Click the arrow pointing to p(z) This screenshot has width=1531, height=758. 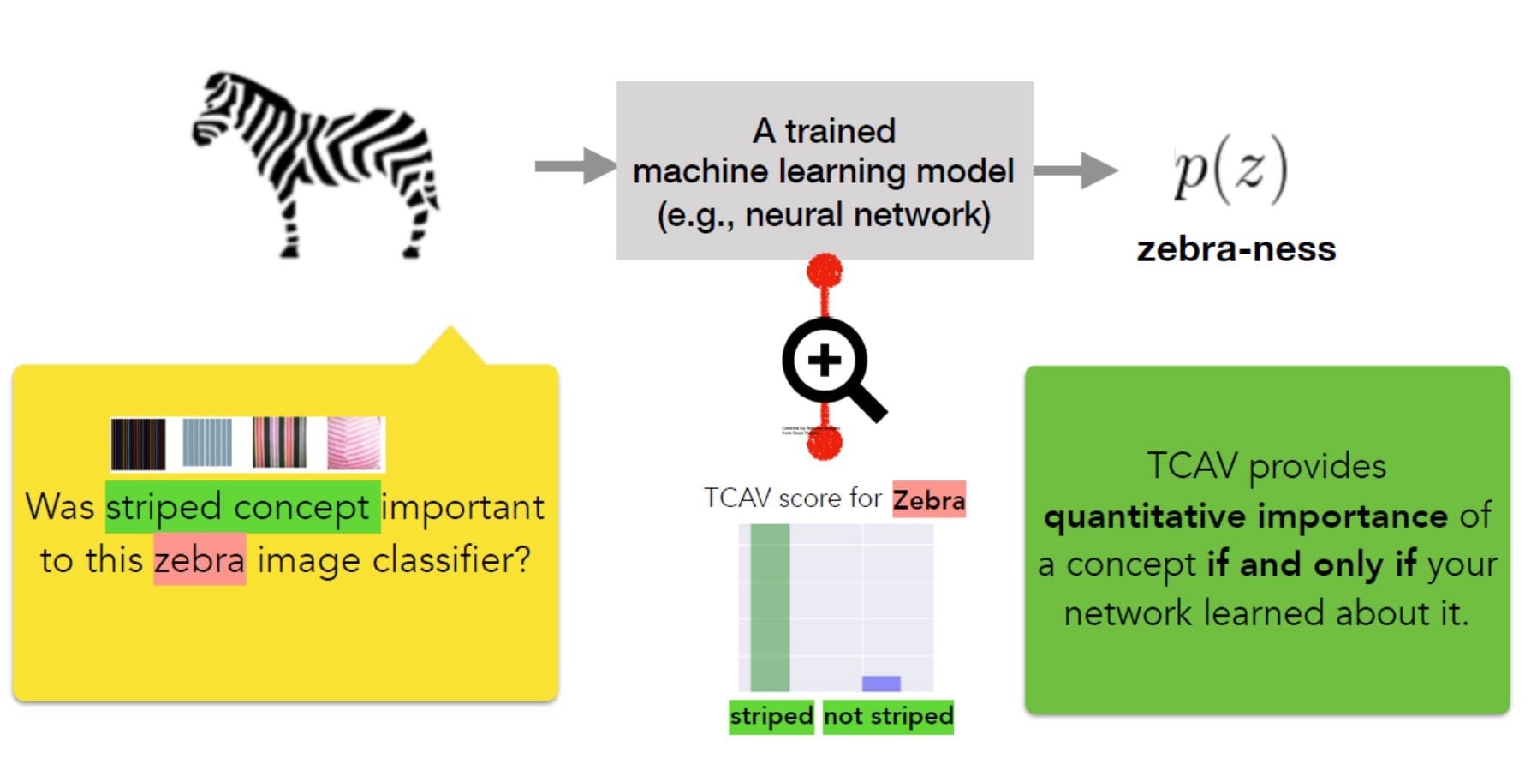click(x=1075, y=170)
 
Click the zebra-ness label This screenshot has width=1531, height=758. click(x=1236, y=249)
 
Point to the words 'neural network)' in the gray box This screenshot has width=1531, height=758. click(x=867, y=214)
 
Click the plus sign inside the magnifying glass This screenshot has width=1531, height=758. click(x=825, y=360)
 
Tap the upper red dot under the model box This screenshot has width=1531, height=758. click(x=825, y=272)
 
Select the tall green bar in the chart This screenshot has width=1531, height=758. click(x=769, y=607)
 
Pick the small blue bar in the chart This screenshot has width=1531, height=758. click(x=881, y=683)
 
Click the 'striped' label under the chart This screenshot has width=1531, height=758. click(x=771, y=716)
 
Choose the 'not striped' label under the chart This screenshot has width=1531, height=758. click(x=888, y=716)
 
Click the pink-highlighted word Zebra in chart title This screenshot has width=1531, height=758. click(x=928, y=499)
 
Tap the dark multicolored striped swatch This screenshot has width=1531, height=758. click(x=139, y=444)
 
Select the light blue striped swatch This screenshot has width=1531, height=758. click(x=207, y=443)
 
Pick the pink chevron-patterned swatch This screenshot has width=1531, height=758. click(x=354, y=443)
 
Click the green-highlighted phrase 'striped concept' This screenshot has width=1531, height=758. click(x=242, y=507)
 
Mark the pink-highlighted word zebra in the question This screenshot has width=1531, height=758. click(x=200, y=560)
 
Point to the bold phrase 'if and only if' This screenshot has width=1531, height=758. click(x=1311, y=564)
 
